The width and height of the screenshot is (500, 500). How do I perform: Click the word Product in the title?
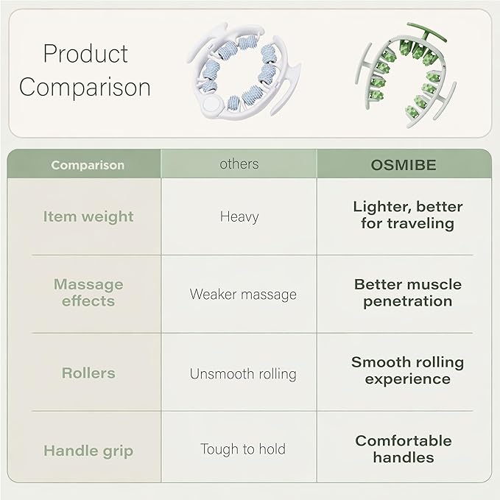point(85,54)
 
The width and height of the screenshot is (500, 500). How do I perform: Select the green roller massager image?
point(406,75)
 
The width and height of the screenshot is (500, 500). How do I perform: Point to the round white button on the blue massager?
point(211,103)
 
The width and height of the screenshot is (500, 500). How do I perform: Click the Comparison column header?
point(88,165)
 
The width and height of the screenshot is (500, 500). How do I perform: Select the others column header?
point(239,164)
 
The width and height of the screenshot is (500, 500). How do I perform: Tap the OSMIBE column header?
point(404,165)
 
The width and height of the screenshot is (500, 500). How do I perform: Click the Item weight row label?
point(88,216)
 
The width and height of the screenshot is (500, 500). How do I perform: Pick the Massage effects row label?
point(88,293)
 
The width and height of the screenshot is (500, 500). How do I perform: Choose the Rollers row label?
point(88,373)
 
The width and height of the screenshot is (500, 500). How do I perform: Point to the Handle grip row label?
point(88,451)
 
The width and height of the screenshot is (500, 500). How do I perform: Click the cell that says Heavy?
point(239,217)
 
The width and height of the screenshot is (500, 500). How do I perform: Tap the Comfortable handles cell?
point(404,449)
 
